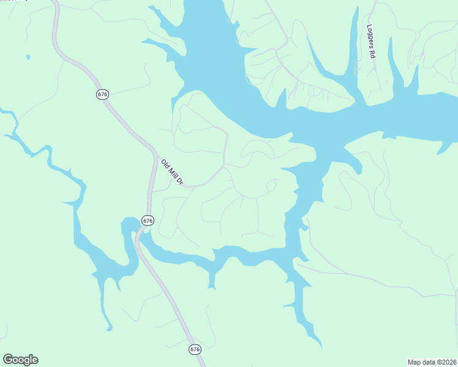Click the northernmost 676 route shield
pos(102,94)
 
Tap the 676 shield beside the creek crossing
pos(147,220)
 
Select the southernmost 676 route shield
pos(195,349)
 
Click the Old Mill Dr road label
pos(172,172)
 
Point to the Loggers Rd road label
pos(370,41)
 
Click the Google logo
pos(20,360)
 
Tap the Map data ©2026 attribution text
pos(432,361)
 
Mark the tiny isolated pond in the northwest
pos(28,57)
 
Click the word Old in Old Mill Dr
pos(165,163)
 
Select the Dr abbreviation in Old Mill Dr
pos(179,180)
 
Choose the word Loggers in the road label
pos(370,36)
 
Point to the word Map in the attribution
pos(415,361)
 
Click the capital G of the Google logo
pos(8,360)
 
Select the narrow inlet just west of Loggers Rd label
pos(353,43)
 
